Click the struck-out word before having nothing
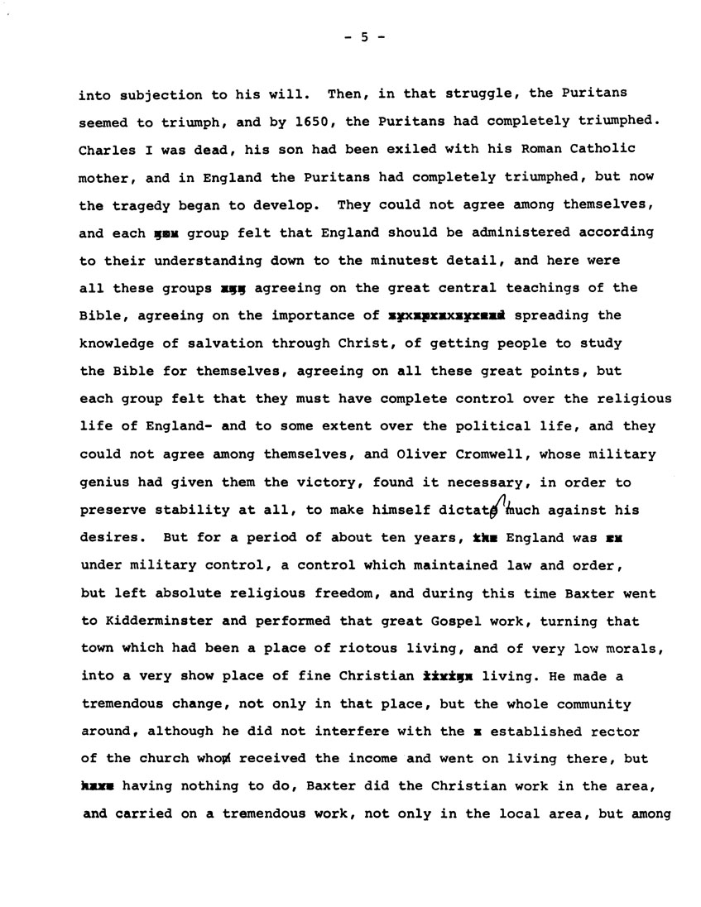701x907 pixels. (96, 787)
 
